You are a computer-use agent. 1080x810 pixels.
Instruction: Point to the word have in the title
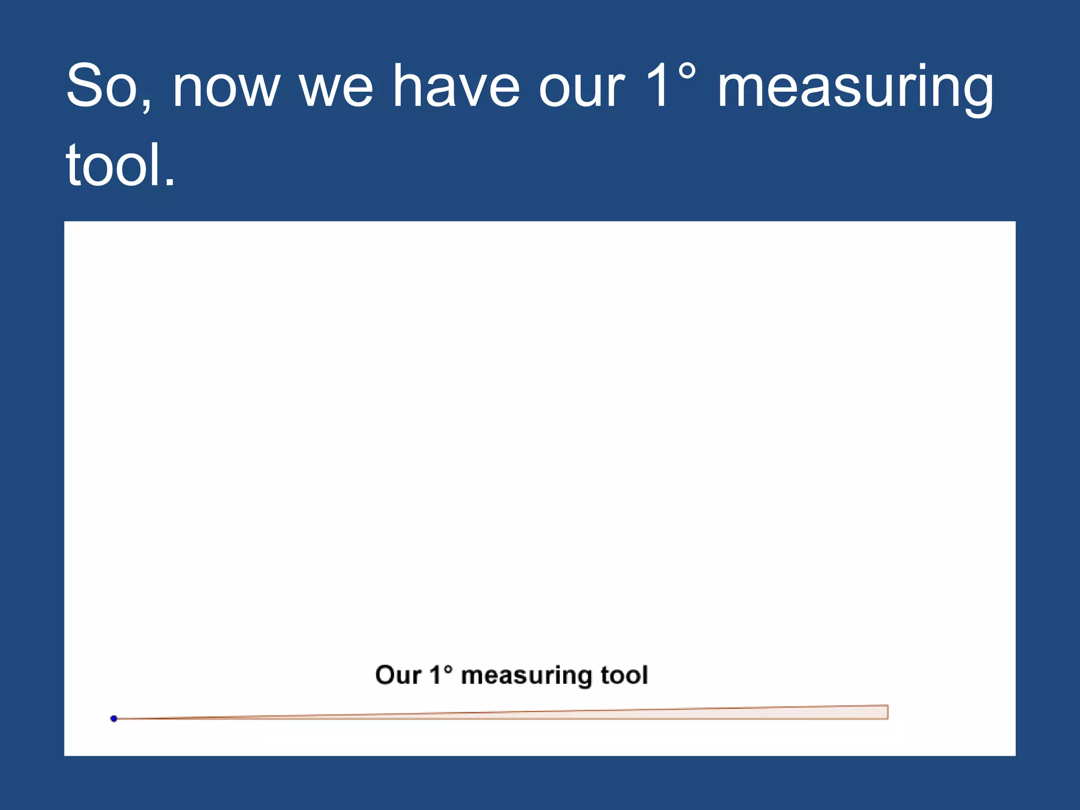(x=457, y=86)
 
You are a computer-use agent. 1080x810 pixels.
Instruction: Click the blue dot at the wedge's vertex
(x=114, y=718)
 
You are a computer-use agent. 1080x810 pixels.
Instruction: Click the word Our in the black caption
(x=398, y=675)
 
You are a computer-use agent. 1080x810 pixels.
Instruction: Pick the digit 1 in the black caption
(x=436, y=675)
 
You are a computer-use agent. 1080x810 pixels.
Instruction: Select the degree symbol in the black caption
(x=448, y=669)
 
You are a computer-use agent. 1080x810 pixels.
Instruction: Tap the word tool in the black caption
(x=624, y=675)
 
